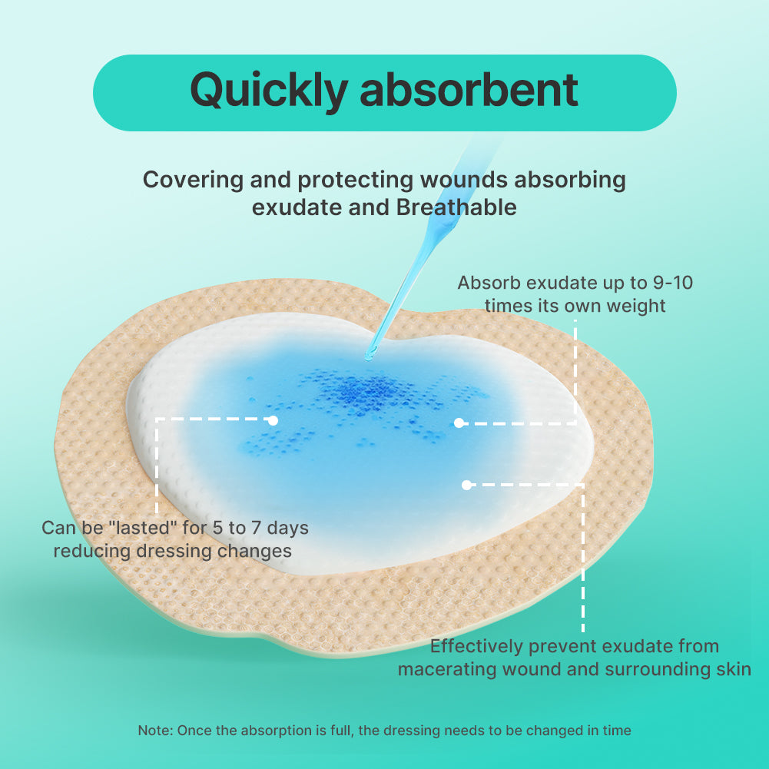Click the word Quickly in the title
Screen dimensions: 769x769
click(x=268, y=91)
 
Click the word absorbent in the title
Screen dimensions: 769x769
click(x=469, y=90)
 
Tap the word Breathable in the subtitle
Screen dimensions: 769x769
click(x=456, y=207)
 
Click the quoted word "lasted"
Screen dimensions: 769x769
click(x=155, y=528)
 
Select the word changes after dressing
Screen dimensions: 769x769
click(x=254, y=551)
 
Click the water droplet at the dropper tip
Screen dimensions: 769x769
click(x=370, y=354)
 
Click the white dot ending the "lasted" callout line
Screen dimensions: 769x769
click(x=273, y=420)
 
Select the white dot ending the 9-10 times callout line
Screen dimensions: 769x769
click(x=459, y=423)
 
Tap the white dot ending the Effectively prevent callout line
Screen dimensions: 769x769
click(x=466, y=485)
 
